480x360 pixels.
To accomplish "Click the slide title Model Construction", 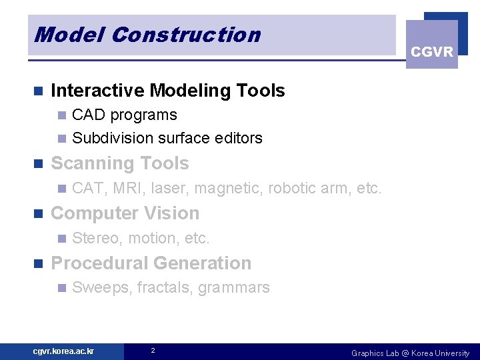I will pyautogui.click(x=147, y=35).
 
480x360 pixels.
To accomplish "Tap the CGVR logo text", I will pyautogui.click(x=432, y=52).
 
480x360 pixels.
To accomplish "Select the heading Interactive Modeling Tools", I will pyautogui.click(x=167, y=91).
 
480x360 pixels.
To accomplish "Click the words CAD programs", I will pyautogui.click(x=124, y=115).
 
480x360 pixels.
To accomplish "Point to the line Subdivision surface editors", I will pyautogui.click(x=167, y=138).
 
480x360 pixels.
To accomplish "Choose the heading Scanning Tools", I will pyautogui.click(x=120, y=163).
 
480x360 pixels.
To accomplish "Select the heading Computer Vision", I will pyautogui.click(x=125, y=213).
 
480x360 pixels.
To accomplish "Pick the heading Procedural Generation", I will pyautogui.click(x=151, y=263).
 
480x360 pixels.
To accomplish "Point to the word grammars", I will pyautogui.click(x=233, y=289).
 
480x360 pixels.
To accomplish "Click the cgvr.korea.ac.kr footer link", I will pyautogui.click(x=64, y=351).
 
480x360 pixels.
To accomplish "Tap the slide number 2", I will pyautogui.click(x=153, y=351).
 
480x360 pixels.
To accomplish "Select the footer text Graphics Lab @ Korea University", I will pyautogui.click(x=410, y=353).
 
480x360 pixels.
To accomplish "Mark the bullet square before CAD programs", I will pyautogui.click(x=61, y=115).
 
